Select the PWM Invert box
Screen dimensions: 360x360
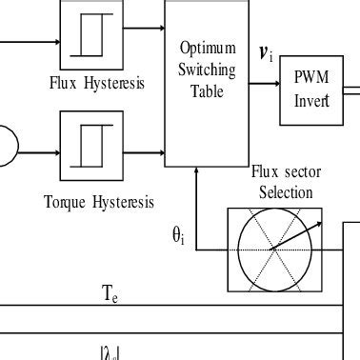coord(310,90)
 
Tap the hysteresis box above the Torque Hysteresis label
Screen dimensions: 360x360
coord(91,141)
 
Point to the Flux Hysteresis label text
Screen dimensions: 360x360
coord(97,83)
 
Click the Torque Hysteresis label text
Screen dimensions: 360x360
coord(96,201)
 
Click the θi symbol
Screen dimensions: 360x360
coord(178,236)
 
